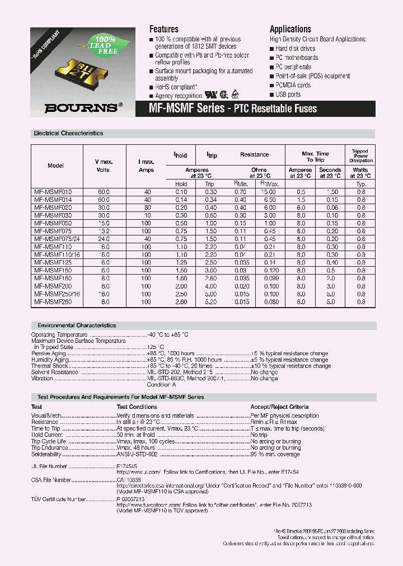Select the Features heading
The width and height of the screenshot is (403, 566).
pos(164,29)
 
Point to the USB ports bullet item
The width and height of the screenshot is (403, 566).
pos(288,95)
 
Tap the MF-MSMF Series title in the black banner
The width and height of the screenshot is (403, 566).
pos(228,109)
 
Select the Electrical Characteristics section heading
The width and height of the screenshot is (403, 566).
pos(68,134)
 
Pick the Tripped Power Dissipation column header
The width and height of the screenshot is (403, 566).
pos(360,156)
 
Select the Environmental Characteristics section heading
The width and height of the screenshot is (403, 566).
pos(77,325)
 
